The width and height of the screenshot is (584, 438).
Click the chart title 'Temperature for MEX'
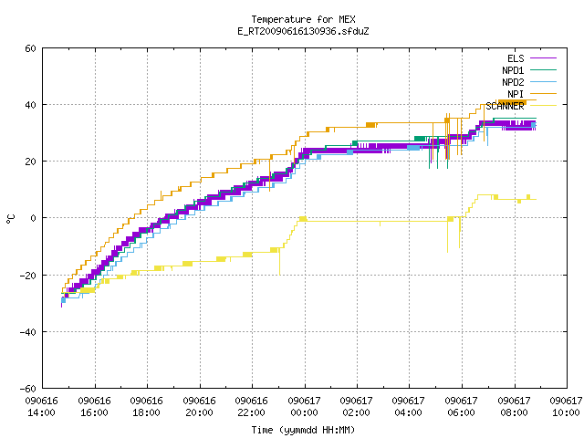pyautogui.click(x=303, y=19)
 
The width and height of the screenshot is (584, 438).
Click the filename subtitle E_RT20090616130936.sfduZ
pyautogui.click(x=303, y=31)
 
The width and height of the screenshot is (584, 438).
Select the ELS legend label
pyautogui.click(x=516, y=58)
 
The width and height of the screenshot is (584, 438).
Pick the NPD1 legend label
pyautogui.click(x=513, y=70)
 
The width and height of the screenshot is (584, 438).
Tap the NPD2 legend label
pyautogui.click(x=513, y=82)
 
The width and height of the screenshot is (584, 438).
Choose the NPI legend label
pyautogui.click(x=516, y=94)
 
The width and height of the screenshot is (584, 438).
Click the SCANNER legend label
pyautogui.click(x=505, y=106)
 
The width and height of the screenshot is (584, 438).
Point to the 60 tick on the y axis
pyautogui.click(x=30, y=48)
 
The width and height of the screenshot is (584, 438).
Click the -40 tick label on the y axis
pyautogui.click(x=28, y=332)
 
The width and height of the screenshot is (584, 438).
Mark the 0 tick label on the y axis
pyautogui.click(x=33, y=218)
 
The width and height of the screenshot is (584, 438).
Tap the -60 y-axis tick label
pyautogui.click(x=28, y=389)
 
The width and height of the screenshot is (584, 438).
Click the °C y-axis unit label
pyautogui.click(x=10, y=219)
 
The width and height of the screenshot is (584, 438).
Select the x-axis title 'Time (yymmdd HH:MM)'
pyautogui.click(x=303, y=430)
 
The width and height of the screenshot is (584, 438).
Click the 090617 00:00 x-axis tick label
pyautogui.click(x=304, y=407)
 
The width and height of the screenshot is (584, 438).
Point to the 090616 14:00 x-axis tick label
pyautogui.click(x=41, y=407)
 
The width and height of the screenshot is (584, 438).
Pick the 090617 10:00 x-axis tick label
pyautogui.click(x=566, y=407)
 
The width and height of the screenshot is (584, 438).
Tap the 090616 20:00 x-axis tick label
pyautogui.click(x=199, y=407)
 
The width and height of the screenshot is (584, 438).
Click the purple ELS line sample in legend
pyautogui.click(x=544, y=58)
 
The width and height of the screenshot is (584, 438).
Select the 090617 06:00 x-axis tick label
pyautogui.click(x=461, y=407)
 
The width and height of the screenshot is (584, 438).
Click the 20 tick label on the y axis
pyautogui.click(x=30, y=162)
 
